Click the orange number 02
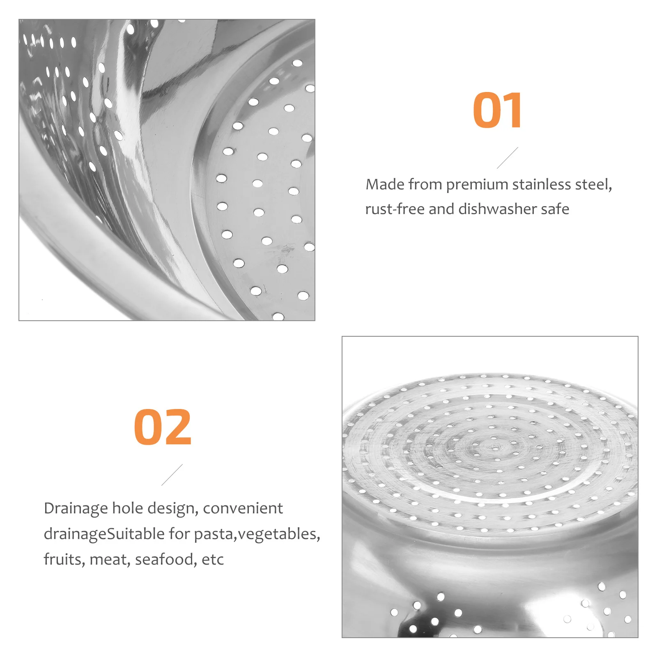[x=163, y=427]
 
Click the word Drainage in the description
[x=76, y=509]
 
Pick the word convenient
[x=243, y=508]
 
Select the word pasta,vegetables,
[x=257, y=534]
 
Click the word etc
[x=213, y=560]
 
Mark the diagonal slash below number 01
[x=508, y=158]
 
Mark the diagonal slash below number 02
[x=172, y=475]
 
